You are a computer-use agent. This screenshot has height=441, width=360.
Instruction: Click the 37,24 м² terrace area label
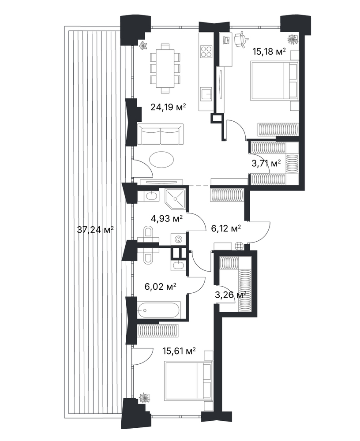click(95, 229)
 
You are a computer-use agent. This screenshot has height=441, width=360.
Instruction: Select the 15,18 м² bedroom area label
click(269, 52)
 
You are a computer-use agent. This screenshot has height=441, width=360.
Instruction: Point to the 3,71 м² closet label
click(266, 163)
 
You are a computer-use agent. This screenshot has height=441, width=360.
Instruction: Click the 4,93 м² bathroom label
click(167, 218)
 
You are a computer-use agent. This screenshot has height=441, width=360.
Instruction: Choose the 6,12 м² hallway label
click(226, 228)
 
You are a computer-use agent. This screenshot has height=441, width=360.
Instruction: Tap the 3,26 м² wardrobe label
click(230, 295)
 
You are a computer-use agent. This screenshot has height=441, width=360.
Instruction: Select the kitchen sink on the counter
click(206, 94)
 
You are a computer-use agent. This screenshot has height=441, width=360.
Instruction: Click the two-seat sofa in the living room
click(160, 135)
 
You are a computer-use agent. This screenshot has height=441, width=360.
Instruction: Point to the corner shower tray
click(176, 198)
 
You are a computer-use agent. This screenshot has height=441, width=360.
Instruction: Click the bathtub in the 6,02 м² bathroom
click(158, 310)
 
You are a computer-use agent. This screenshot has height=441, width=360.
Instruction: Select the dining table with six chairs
click(165, 68)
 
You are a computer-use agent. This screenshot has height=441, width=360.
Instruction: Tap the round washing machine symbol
click(178, 239)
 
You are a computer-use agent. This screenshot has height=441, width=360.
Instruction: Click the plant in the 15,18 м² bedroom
click(293, 39)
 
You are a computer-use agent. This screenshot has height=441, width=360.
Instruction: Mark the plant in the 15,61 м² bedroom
click(145, 399)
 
